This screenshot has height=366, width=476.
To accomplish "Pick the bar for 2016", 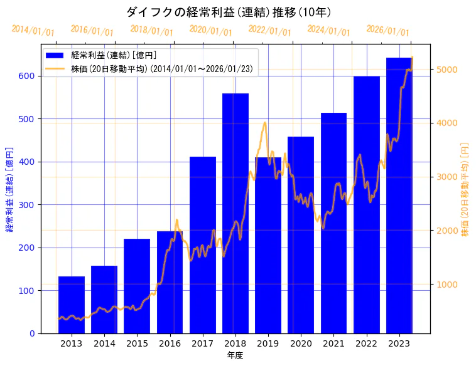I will click(170, 282).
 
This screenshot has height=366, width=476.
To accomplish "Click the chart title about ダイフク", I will click(229, 12).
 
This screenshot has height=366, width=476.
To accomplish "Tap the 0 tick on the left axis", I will click(34, 333).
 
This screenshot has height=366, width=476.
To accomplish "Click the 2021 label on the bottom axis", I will click(333, 343).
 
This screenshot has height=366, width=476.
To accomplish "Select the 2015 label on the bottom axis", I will click(137, 343).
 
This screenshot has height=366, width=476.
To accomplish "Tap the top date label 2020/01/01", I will click(210, 31).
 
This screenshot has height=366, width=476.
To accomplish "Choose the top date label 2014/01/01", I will click(33, 31).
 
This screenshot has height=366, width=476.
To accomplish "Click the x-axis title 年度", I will click(235, 355).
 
